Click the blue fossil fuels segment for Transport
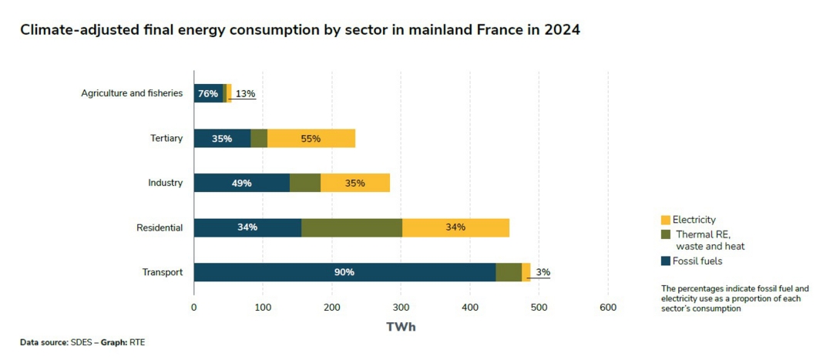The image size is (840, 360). pos(308,272)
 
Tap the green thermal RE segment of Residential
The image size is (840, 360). pos(351,227)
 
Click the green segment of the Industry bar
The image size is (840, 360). pos(305,183)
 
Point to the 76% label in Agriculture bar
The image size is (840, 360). pos(208,93)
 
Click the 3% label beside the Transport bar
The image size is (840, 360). pos(543,272)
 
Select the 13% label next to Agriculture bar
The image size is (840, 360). pos(245,93)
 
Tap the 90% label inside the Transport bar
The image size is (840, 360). pos(344,272)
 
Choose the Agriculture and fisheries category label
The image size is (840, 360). pos(132,93)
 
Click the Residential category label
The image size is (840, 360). pos(160,227)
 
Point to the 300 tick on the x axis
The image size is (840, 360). pos(401,307)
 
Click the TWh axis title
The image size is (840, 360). pos(401,326)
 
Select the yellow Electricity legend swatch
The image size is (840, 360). pos(666,220)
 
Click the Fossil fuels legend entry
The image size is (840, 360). pos(698,261)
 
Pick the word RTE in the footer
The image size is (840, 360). pos(137,341)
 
